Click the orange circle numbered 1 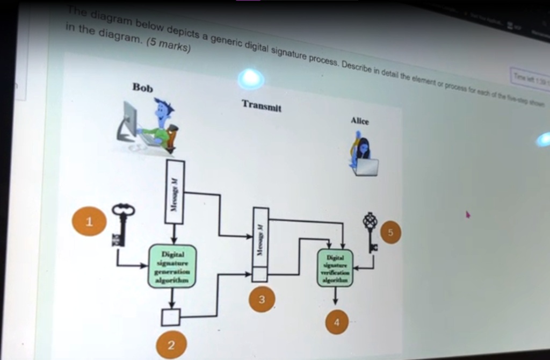[x=89, y=221]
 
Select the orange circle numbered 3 [x=262, y=300]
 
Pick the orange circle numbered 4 [x=337, y=322]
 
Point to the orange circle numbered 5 [x=390, y=233]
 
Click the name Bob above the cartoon [x=142, y=88]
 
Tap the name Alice [x=359, y=121]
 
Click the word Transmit [x=262, y=105]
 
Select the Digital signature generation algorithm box [x=172, y=266]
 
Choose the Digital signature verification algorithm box [x=335, y=268]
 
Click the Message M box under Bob [x=175, y=192]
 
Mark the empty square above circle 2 [x=171, y=317]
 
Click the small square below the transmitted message [x=260, y=275]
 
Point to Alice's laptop [x=366, y=167]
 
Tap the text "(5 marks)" [x=169, y=47]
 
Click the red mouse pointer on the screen [x=467, y=214]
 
